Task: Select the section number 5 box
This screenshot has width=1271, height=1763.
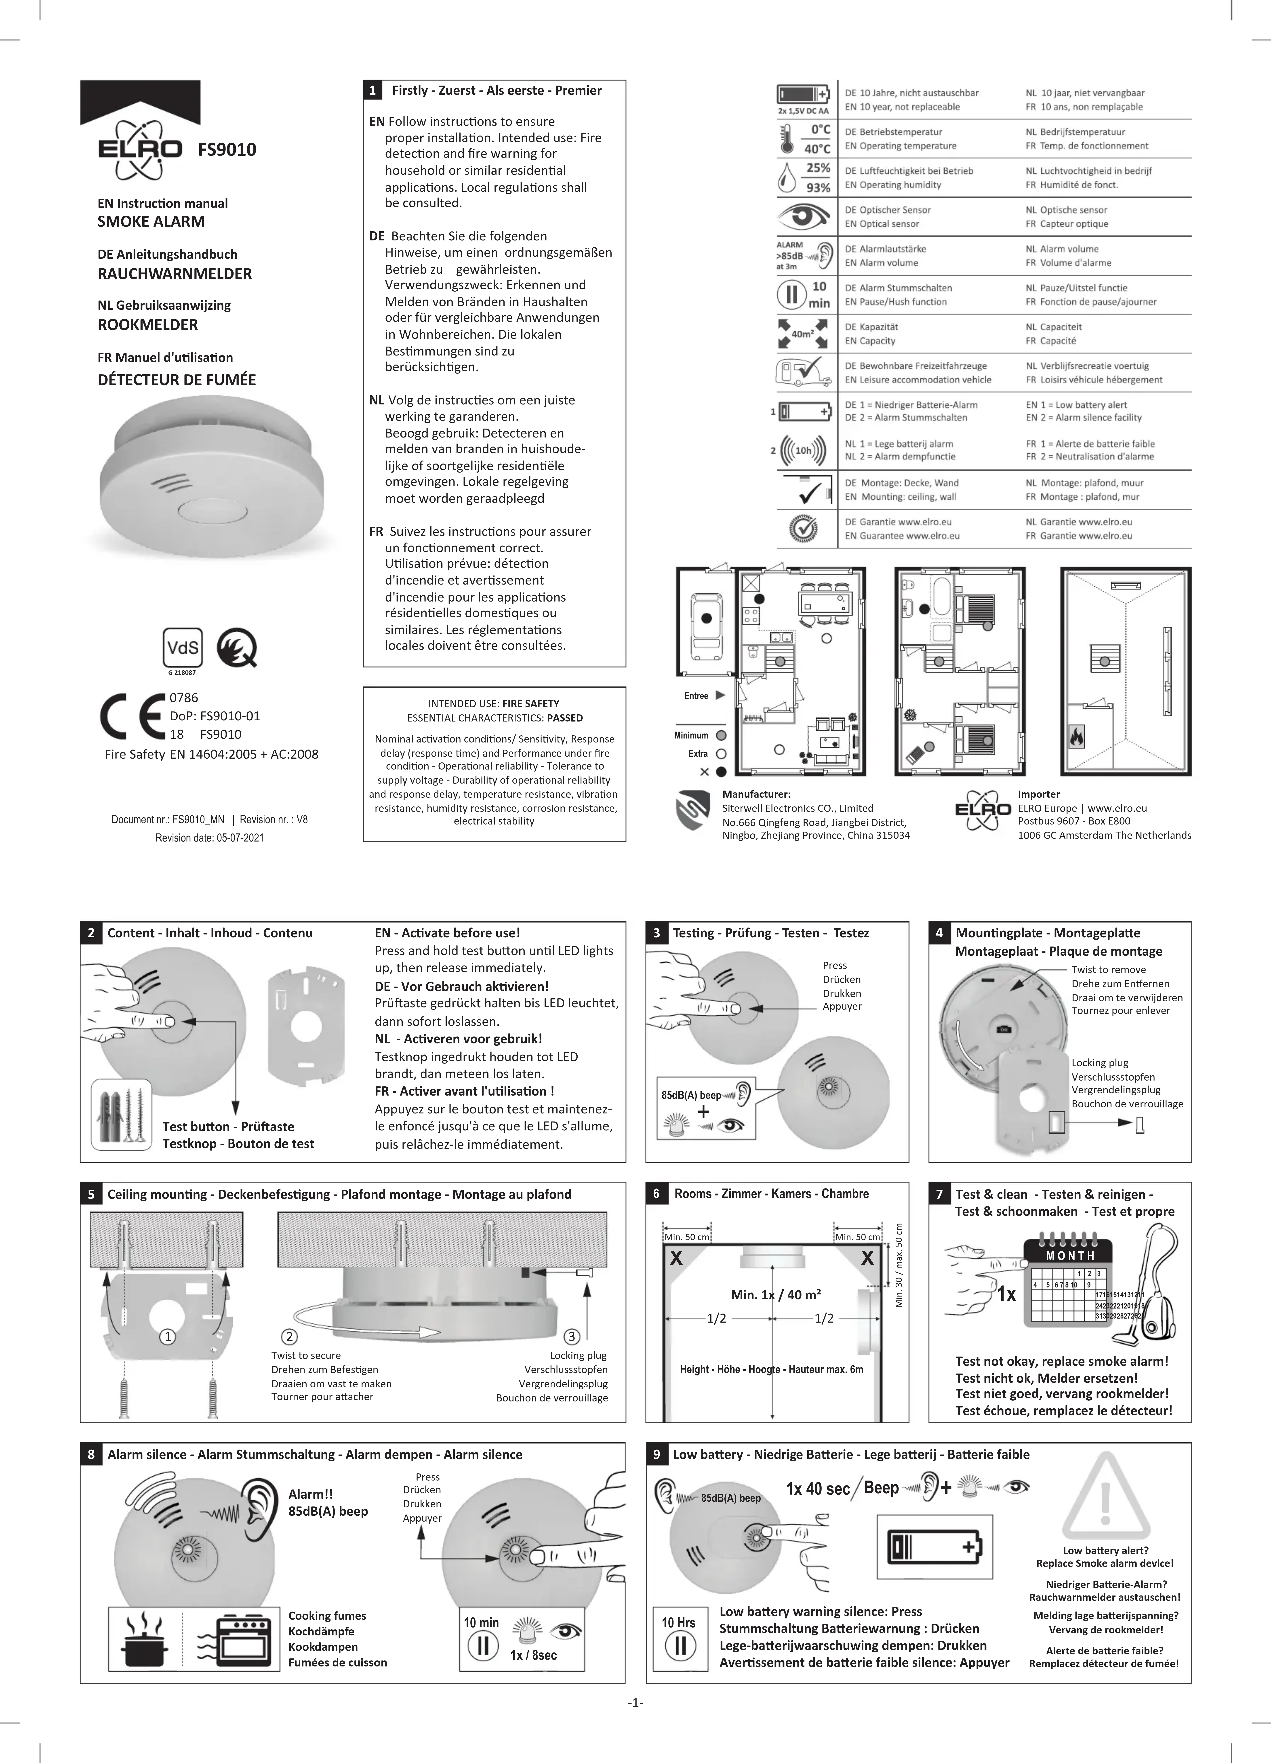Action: [x=91, y=1194]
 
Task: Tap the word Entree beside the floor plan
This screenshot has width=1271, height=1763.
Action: [x=696, y=696]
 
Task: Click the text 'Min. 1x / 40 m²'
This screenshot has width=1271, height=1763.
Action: [x=775, y=1294]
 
